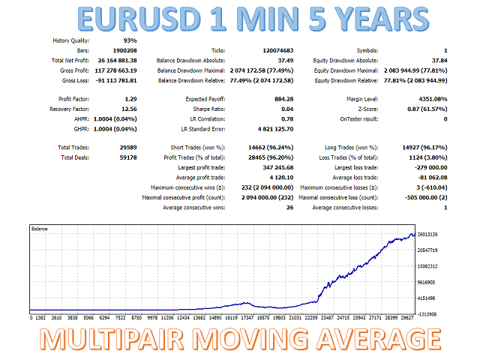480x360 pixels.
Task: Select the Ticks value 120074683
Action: click(271, 50)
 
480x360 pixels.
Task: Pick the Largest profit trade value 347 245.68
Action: click(272, 167)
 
